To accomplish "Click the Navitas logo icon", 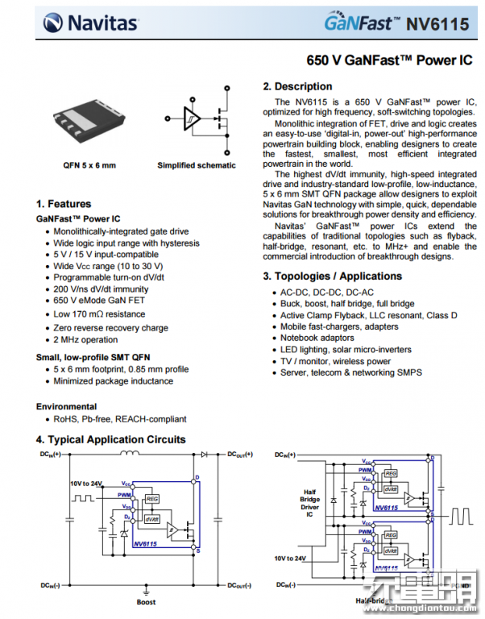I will click(53, 23).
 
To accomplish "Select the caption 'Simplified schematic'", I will click(197, 165).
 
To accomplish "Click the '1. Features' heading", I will click(64, 204).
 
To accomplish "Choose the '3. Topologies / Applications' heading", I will click(333, 276).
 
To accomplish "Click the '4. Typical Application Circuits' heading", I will click(110, 439).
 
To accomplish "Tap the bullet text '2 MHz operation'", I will click(85, 340).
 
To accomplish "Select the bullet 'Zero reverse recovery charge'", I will click(110, 328).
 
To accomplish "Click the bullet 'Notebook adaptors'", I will click(317, 338).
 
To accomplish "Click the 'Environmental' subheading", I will click(66, 406).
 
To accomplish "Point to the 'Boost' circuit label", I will click(146, 601).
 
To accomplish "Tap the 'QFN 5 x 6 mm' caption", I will click(89, 165).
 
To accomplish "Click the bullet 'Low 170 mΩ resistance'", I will click(99, 314).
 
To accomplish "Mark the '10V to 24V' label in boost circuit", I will click(85, 484).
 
